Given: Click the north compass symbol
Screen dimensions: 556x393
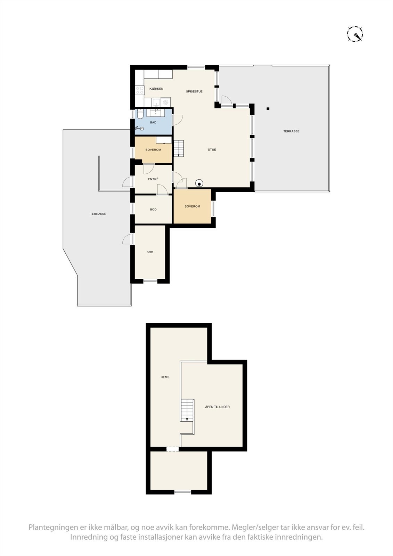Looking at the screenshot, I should (355, 34).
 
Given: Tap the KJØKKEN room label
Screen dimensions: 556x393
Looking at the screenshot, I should (156, 89).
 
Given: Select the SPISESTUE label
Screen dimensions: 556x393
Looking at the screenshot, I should (194, 92).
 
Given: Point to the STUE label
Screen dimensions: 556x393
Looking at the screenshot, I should (212, 150).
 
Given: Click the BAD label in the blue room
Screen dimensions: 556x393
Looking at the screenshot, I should (153, 123).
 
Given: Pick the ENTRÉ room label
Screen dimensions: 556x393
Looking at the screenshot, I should (153, 179).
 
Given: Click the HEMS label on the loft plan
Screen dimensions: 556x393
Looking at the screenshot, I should (165, 377).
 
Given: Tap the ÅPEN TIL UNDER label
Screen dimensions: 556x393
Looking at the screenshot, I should (217, 407).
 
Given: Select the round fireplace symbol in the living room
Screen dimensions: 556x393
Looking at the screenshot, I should (199, 183).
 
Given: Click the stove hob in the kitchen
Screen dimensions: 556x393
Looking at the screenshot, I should (140, 91).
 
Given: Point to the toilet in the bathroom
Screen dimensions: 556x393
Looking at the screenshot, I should (140, 114).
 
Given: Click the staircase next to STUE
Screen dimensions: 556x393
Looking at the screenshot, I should (179, 148).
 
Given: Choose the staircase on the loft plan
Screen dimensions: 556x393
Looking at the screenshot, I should (187, 410).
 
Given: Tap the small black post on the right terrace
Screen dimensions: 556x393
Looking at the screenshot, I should (268, 109).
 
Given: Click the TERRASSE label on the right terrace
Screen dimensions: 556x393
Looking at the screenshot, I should (291, 131).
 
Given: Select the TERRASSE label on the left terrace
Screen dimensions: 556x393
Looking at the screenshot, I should (98, 214).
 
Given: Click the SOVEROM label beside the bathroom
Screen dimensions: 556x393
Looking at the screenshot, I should (153, 150).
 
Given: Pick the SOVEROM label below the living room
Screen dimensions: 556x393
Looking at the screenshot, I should (192, 206).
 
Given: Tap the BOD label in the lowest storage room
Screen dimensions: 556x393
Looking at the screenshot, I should (150, 252).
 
